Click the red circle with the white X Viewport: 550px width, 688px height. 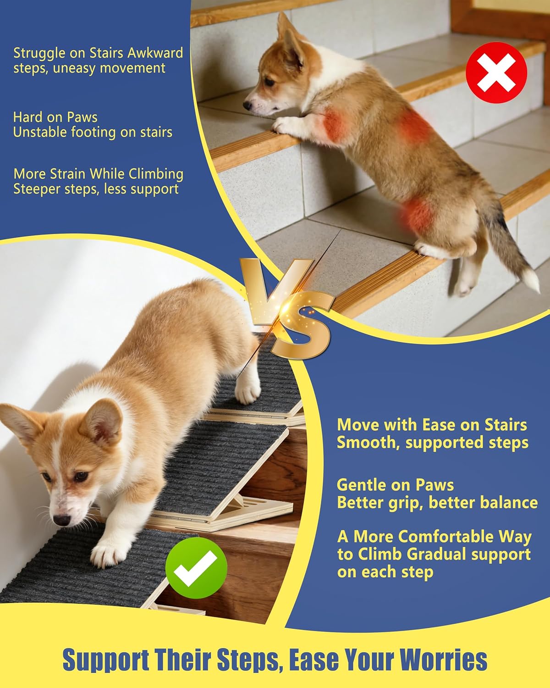pyautogui.click(x=496, y=72)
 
